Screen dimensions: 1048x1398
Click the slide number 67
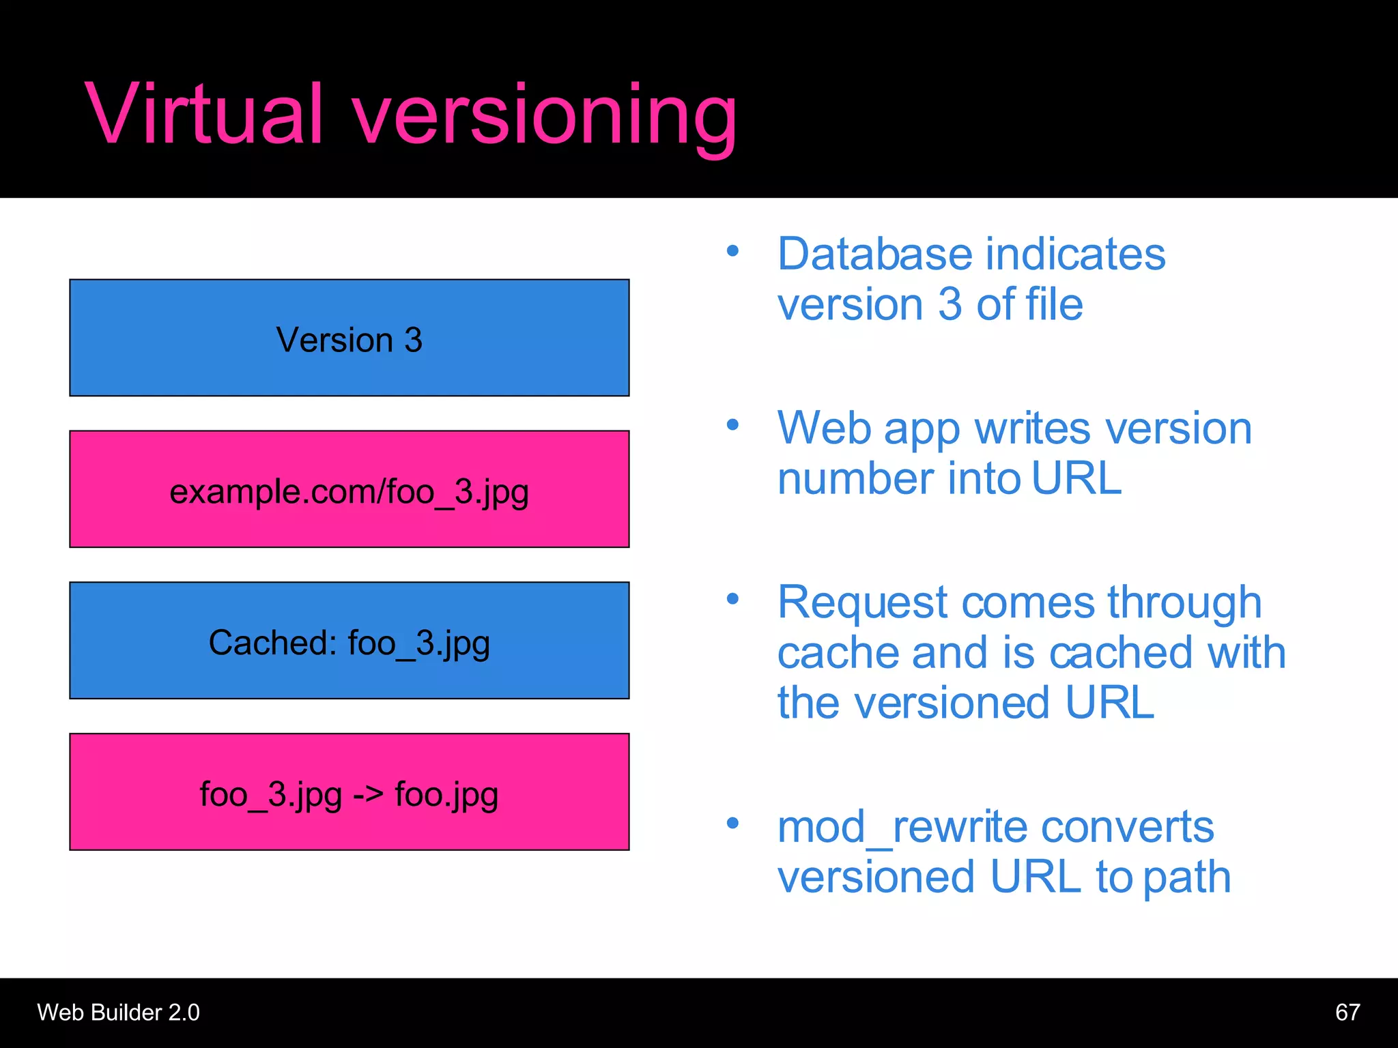(1347, 1012)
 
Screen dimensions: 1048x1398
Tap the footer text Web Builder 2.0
(118, 1012)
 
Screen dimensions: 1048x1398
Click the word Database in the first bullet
(874, 254)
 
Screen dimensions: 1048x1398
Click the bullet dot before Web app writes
(732, 425)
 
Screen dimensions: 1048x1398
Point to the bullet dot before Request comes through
(732, 599)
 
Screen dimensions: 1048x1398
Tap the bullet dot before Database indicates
(732, 251)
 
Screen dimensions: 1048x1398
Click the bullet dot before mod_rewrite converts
(732, 823)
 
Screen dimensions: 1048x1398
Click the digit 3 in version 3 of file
(950, 304)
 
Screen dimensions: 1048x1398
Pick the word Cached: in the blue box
(272, 643)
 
